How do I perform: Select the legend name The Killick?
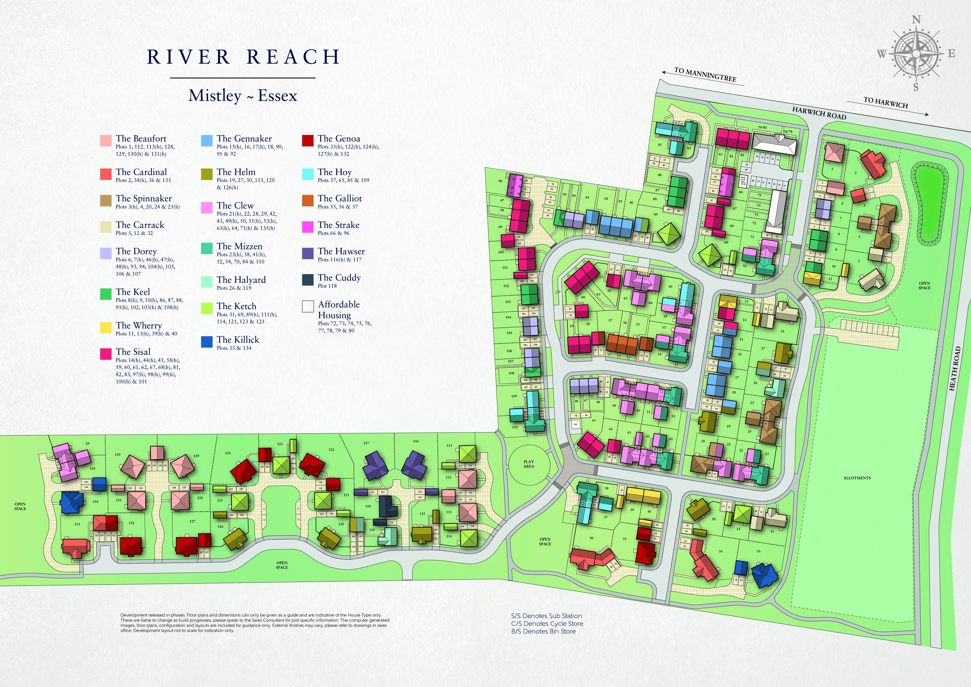(238, 340)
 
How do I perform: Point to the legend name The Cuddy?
(339, 277)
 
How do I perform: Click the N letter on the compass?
(916, 20)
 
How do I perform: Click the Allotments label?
(857, 478)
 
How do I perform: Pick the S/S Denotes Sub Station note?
(546, 616)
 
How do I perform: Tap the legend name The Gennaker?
(244, 139)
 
